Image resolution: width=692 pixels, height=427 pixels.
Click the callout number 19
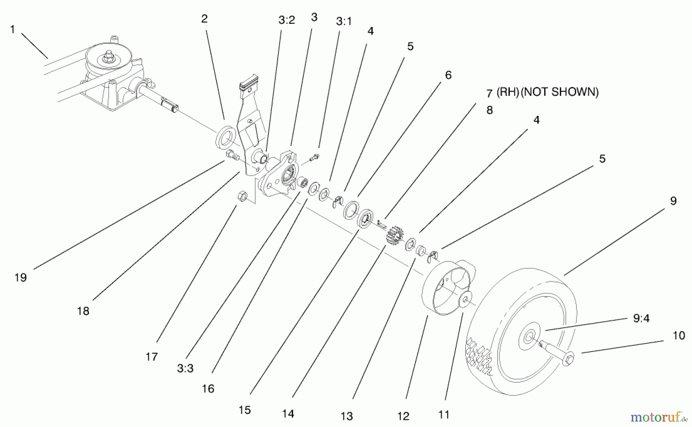click(20, 277)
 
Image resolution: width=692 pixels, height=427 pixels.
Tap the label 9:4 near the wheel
click(641, 319)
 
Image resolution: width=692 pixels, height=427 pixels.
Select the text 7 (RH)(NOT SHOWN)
click(542, 92)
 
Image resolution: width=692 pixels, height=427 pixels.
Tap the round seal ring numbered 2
click(225, 137)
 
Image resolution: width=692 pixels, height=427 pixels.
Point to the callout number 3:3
click(185, 369)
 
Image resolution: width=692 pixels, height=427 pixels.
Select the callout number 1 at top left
click(12, 29)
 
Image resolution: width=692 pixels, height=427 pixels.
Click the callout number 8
click(489, 110)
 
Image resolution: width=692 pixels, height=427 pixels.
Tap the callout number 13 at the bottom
click(346, 416)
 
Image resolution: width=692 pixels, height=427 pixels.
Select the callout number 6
click(448, 75)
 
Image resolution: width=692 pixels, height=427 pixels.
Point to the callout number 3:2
click(286, 20)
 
